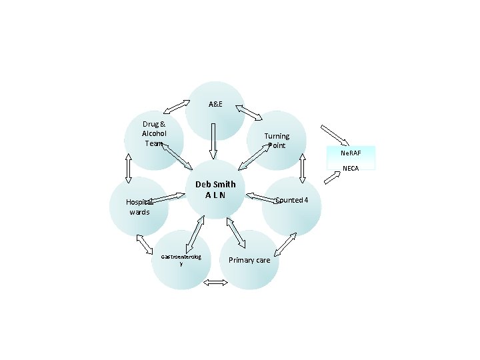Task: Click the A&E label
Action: [215, 105]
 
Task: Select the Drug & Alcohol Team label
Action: [154, 133]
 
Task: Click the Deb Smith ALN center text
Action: [215, 189]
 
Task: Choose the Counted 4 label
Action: [291, 200]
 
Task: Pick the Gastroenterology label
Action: [181, 260]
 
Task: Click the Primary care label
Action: [249, 260]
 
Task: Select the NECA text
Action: [351, 168]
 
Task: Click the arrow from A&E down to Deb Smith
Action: [213, 141]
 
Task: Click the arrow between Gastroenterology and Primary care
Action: [215, 283]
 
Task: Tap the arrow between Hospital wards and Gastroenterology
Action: [145, 245]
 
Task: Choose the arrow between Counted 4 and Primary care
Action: [285, 245]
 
